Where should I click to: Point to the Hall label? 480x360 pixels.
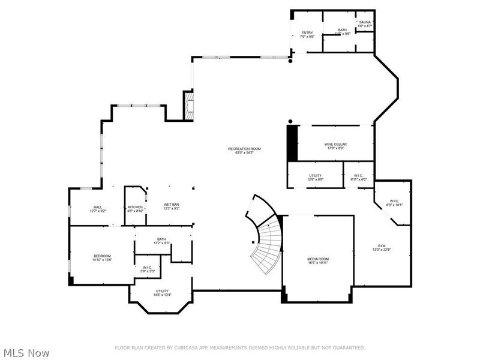pos(97,209)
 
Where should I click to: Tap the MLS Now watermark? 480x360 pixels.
pos(26,353)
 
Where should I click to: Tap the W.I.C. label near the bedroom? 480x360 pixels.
pos(148,269)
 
